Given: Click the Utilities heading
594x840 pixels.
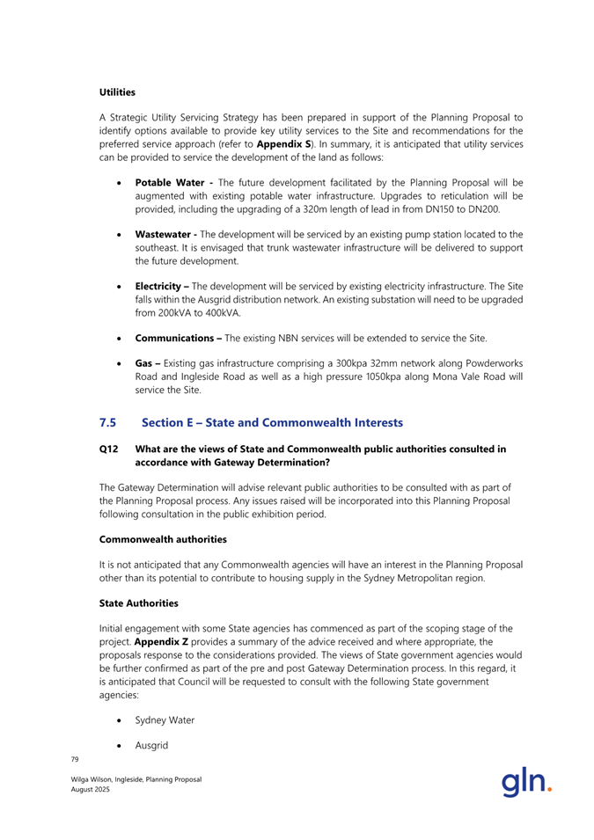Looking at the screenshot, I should tap(116, 91).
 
